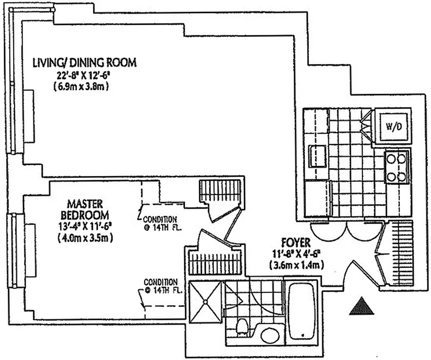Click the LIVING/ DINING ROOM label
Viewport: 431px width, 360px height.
(84, 63)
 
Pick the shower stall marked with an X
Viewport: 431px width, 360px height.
(205, 301)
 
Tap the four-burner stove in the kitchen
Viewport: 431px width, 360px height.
(396, 167)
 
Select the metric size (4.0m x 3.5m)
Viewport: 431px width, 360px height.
(85, 238)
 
